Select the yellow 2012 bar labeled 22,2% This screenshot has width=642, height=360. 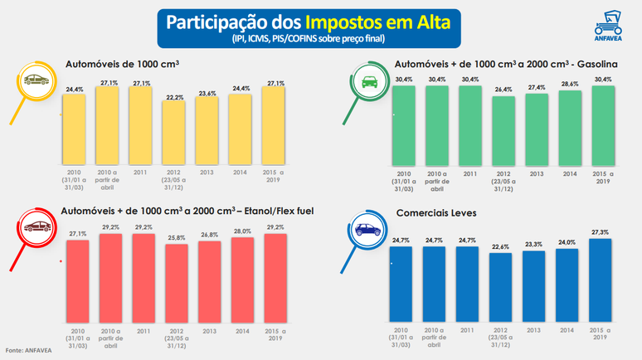click(x=174, y=133)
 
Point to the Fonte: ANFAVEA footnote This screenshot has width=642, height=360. click(x=27, y=349)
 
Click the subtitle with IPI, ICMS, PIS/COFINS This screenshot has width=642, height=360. click(x=308, y=38)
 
